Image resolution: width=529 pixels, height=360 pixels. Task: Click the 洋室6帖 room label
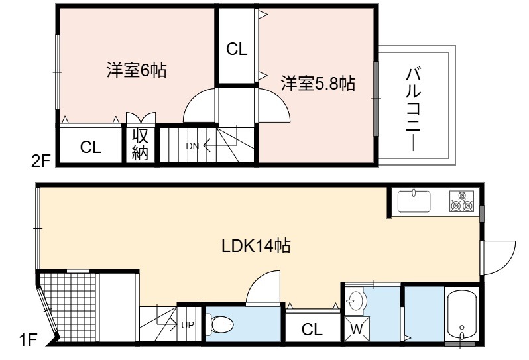137,70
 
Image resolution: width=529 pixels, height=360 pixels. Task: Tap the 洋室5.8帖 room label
318,83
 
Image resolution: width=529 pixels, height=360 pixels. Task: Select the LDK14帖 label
256,246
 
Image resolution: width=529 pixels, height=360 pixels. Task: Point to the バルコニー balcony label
414,109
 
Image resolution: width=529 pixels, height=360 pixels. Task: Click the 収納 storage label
141,145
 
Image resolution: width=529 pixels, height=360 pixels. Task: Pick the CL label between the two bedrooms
237,49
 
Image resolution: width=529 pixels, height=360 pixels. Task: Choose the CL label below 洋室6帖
91,147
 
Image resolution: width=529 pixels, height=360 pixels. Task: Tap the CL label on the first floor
312,329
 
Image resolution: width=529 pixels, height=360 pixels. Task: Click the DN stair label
193,146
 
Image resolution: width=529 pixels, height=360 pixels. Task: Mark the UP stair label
188,325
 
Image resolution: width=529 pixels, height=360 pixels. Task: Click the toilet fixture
219,325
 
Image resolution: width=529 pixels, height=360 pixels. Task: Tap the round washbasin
355,299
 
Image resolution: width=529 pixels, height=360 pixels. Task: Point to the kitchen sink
414,202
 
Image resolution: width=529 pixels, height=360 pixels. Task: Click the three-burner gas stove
461,201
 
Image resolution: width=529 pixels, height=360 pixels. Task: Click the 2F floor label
41,161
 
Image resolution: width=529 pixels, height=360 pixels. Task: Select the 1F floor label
28,339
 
